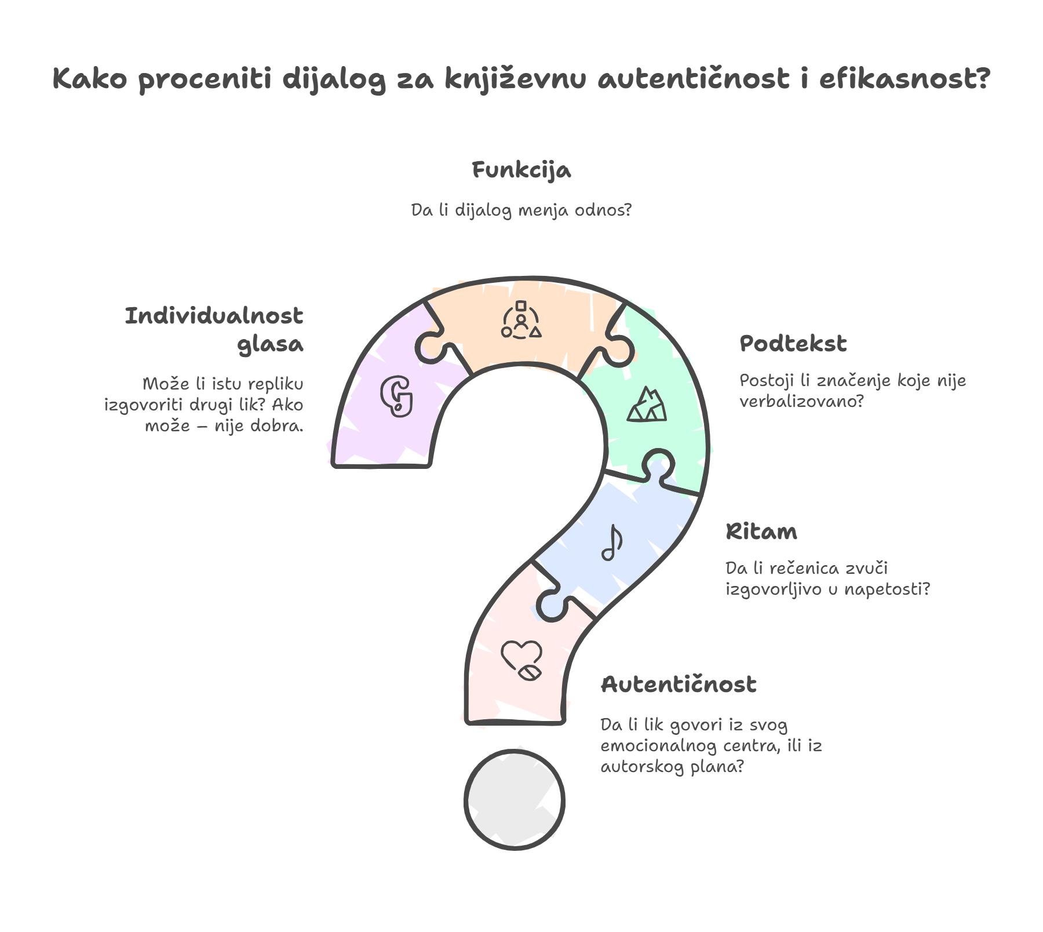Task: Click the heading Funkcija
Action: (x=521, y=170)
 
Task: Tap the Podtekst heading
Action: (x=793, y=344)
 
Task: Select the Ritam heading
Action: (x=761, y=531)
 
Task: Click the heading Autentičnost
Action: (x=679, y=685)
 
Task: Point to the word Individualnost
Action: (x=214, y=316)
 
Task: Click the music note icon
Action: (x=612, y=543)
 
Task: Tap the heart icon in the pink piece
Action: (x=521, y=660)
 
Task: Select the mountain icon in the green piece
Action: (x=647, y=405)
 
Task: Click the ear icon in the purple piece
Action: (x=397, y=396)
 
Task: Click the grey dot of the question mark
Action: (x=515, y=800)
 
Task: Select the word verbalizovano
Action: (x=801, y=401)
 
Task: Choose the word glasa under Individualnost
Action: (x=270, y=344)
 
